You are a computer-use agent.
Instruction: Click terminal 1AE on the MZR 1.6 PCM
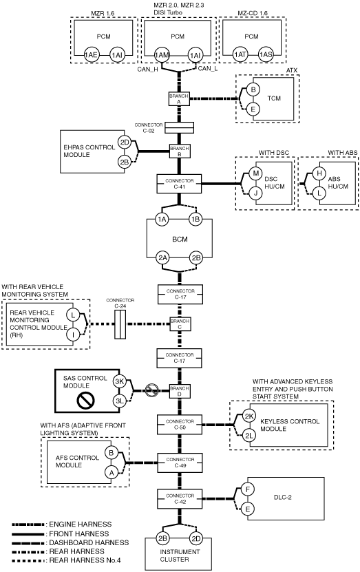(x=91, y=55)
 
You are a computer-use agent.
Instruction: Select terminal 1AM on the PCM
(x=162, y=56)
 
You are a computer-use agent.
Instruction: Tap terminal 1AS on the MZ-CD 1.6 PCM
(x=266, y=54)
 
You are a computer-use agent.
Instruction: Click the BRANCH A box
(x=179, y=99)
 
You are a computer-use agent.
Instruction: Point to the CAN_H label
(x=147, y=70)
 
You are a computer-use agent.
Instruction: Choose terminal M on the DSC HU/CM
(x=255, y=173)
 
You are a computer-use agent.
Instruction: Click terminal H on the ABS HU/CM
(x=319, y=173)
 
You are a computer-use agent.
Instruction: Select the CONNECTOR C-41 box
(x=179, y=184)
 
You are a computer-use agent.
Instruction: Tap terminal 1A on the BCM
(x=162, y=220)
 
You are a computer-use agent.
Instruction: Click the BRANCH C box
(x=180, y=324)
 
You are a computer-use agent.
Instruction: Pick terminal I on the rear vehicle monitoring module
(x=73, y=334)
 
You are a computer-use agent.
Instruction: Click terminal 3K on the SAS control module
(x=119, y=381)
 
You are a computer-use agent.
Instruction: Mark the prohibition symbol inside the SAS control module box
(x=86, y=400)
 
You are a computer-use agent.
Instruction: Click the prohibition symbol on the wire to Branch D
(x=151, y=390)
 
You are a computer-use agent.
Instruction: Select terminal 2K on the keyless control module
(x=249, y=416)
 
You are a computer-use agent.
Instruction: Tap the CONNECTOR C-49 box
(x=180, y=462)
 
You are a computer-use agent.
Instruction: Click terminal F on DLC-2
(x=248, y=489)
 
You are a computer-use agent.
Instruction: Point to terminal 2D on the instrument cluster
(x=196, y=538)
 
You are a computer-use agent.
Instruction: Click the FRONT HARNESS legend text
(x=78, y=533)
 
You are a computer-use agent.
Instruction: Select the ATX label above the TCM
(x=292, y=70)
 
